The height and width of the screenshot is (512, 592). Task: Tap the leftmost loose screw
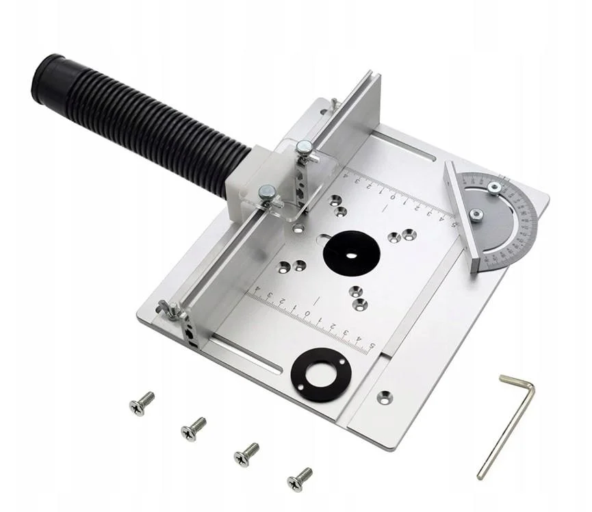pos(142,404)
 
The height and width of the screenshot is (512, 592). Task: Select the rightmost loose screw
pos(299,479)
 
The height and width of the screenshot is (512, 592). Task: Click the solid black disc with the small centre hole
pos(351,254)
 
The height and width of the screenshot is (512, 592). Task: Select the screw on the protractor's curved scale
pos(493,187)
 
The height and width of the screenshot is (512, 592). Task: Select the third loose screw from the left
pos(246,454)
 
